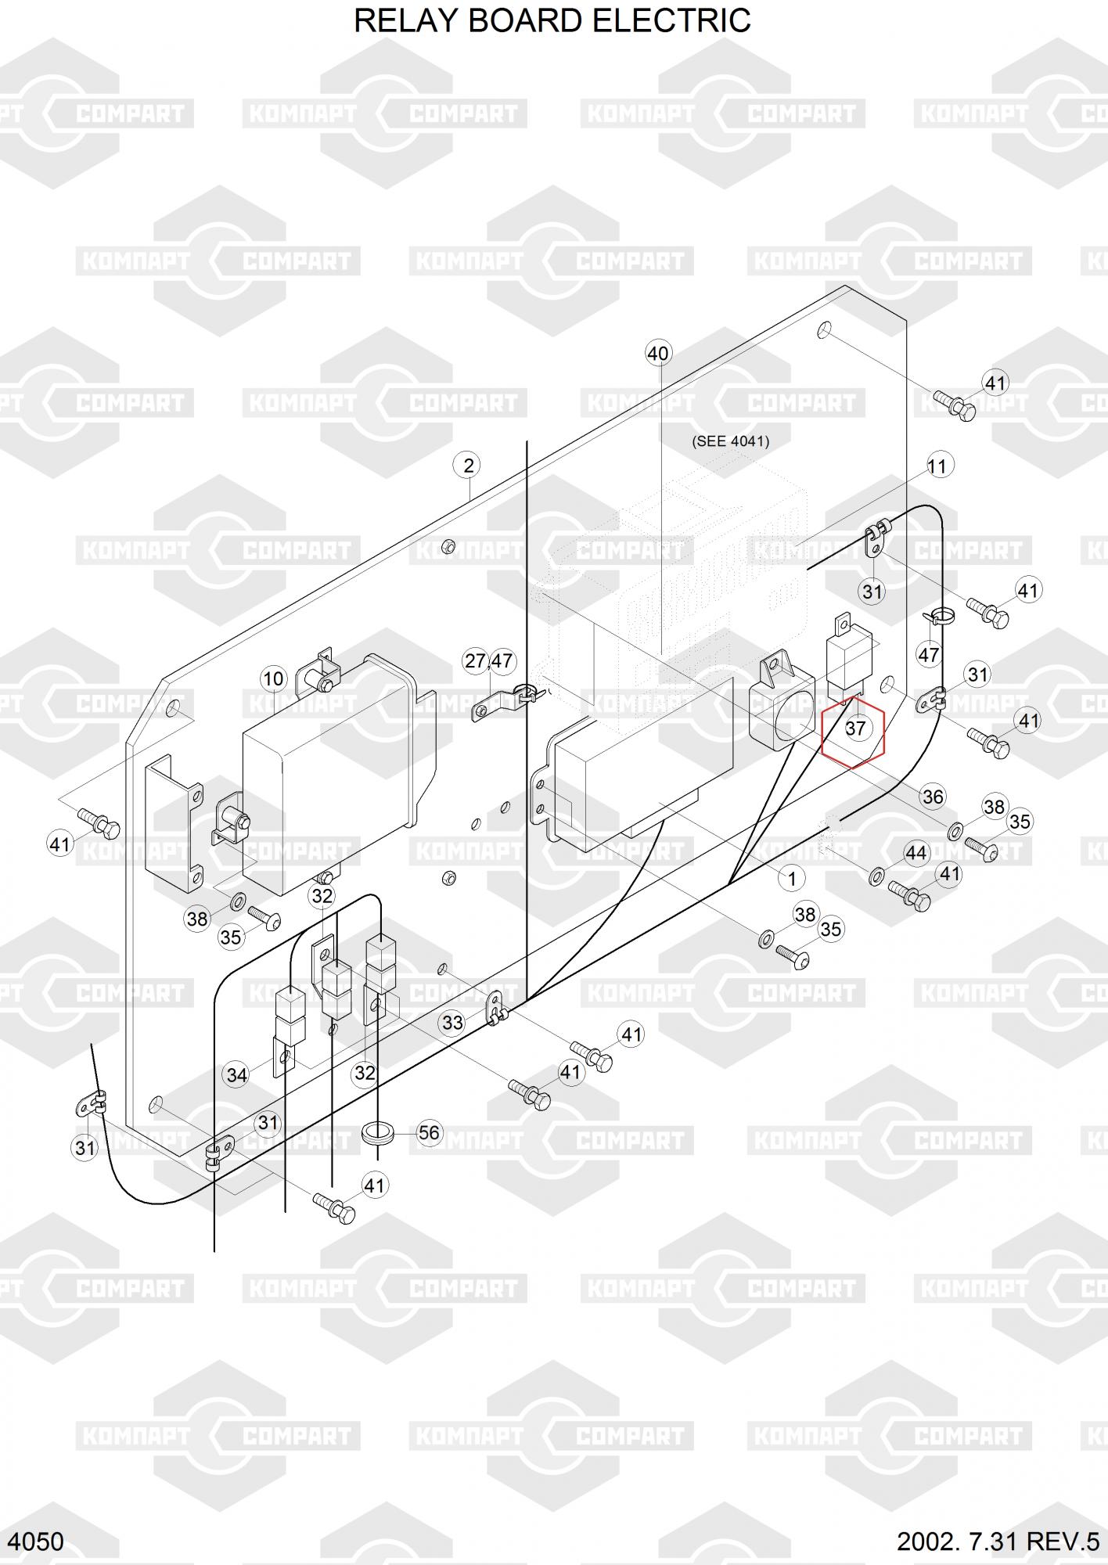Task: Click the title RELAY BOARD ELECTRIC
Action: click(x=552, y=21)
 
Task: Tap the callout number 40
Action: click(x=658, y=354)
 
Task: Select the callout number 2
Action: click(x=468, y=466)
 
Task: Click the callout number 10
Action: click(x=273, y=678)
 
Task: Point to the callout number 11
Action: click(x=937, y=466)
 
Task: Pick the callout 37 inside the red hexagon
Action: click(x=855, y=729)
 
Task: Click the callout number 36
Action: click(x=933, y=797)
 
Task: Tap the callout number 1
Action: click(x=792, y=879)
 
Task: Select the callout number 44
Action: click(x=916, y=853)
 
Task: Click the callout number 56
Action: click(x=429, y=1132)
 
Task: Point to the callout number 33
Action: click(x=452, y=1023)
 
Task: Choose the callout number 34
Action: click(x=236, y=1075)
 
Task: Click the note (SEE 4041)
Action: click(x=730, y=441)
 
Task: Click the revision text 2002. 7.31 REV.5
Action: click(x=998, y=1542)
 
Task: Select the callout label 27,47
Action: click(x=488, y=661)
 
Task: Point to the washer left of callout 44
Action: click(x=876, y=875)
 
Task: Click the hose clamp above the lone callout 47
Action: click(x=938, y=617)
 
